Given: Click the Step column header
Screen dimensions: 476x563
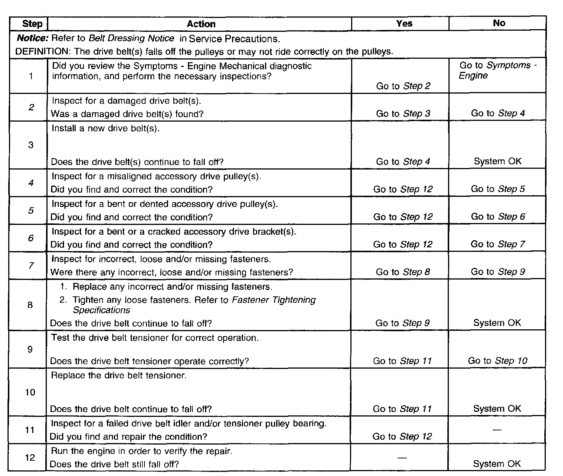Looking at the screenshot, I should (32, 24).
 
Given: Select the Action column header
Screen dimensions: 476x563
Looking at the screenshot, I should (201, 24).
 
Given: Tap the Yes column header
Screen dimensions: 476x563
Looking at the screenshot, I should (404, 24).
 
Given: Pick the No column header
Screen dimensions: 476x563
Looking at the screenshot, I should (499, 23).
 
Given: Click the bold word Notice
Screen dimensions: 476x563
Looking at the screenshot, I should (33, 38).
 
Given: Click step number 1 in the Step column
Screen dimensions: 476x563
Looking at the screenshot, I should (31, 76).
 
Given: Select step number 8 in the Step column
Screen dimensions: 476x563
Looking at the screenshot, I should (30, 305).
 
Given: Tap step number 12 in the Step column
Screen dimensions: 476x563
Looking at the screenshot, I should (30, 457).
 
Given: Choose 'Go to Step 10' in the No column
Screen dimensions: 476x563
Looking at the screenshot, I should (497, 361).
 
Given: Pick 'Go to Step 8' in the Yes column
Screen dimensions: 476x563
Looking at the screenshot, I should (403, 272).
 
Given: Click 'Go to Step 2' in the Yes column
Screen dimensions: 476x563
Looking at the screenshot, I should (403, 86).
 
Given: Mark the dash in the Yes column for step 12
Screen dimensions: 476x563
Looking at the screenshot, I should (402, 457).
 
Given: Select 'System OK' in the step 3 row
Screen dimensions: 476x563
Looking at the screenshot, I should (497, 161).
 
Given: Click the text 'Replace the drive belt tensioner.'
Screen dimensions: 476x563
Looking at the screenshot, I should (119, 375).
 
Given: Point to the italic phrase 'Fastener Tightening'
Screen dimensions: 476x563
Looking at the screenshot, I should (274, 300).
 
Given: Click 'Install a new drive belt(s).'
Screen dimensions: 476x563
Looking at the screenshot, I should (106, 128).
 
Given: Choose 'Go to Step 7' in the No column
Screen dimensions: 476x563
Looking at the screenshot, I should (498, 244).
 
